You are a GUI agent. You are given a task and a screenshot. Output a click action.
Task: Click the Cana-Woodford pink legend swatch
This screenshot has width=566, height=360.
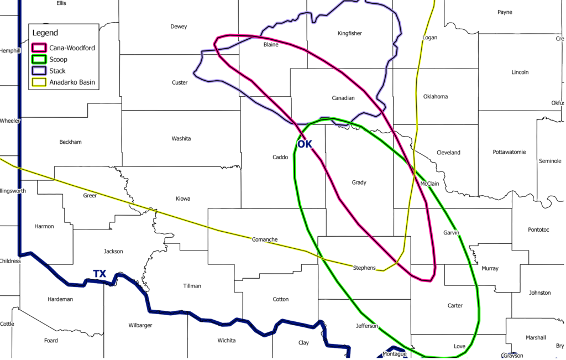[x=40, y=48]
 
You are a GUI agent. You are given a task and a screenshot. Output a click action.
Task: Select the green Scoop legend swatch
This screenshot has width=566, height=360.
[x=40, y=60]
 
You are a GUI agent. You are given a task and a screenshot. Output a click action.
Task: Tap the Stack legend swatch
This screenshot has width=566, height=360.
[x=40, y=71]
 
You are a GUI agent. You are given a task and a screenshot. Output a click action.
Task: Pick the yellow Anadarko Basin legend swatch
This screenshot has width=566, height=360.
[x=40, y=83]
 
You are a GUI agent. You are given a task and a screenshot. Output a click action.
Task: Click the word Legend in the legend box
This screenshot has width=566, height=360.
[x=45, y=33]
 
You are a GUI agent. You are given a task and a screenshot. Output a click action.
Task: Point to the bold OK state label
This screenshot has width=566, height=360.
[x=305, y=144]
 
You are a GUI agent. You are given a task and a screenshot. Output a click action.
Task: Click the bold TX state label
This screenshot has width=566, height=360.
[x=99, y=274]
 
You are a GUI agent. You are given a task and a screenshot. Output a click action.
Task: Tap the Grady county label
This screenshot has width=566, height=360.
[x=359, y=182]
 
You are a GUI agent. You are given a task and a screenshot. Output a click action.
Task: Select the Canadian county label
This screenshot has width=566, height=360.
[x=343, y=98]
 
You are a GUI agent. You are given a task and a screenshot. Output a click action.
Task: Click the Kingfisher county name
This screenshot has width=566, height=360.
[x=349, y=34]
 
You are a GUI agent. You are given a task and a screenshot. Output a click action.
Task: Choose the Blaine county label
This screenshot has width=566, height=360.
[x=271, y=45]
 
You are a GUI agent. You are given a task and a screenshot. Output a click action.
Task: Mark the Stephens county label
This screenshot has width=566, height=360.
[x=364, y=268]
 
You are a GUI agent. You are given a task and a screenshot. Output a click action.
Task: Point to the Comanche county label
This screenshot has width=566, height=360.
[x=265, y=239]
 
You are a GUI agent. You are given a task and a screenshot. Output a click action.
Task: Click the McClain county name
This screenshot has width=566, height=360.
[x=429, y=184]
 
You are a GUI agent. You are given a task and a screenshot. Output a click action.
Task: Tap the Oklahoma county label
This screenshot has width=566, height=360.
[x=436, y=97]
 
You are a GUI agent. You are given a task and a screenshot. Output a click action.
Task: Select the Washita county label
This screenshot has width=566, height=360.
[x=181, y=139]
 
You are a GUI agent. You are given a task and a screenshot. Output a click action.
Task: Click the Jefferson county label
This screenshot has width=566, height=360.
[x=367, y=326]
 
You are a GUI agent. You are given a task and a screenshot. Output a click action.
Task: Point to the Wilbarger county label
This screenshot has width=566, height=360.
[x=140, y=325]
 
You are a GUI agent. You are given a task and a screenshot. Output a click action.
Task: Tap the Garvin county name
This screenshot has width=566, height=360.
[x=451, y=233]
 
